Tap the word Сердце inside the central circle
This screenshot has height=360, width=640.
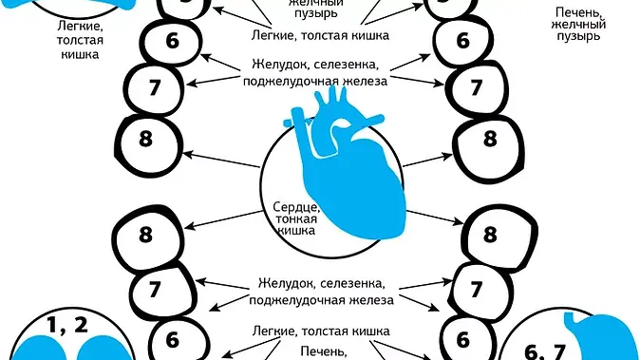pyautogui.click(x=289, y=206)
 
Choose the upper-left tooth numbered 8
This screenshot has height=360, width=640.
pyautogui.click(x=147, y=139)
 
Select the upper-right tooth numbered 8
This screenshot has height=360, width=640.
pyautogui.click(x=490, y=139)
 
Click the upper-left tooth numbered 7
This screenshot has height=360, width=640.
pyautogui.click(x=156, y=88)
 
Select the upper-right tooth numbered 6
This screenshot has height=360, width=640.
pyautogui.click(x=463, y=41)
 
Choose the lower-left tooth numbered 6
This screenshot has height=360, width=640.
pyautogui.click(x=173, y=338)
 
